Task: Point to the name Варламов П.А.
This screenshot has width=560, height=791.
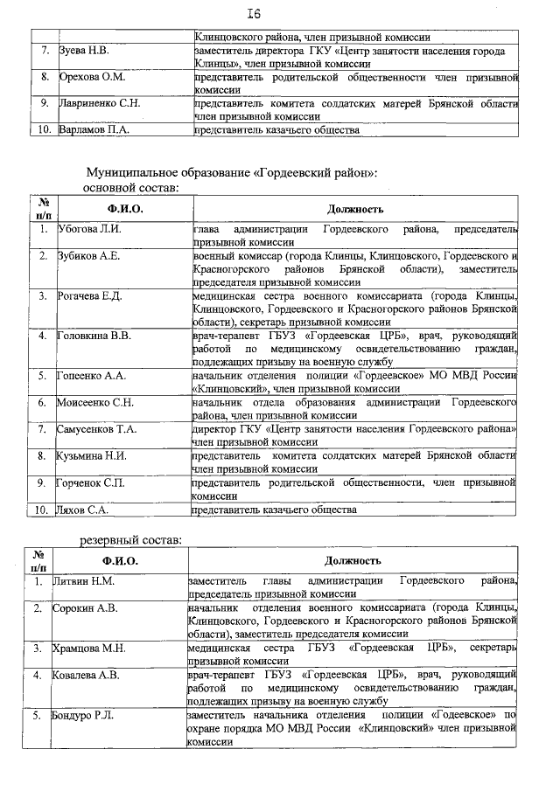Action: pyautogui.click(x=93, y=130)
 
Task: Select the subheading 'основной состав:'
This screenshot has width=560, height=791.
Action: pyautogui.click(x=131, y=186)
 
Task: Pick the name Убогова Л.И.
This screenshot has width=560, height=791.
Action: pyautogui.click(x=90, y=229)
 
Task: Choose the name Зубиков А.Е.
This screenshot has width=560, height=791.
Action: pyautogui.click(x=88, y=256)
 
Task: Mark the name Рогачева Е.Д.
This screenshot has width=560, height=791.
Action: pyautogui.click(x=91, y=295)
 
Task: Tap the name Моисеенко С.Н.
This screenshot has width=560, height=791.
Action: pyautogui.click(x=95, y=402)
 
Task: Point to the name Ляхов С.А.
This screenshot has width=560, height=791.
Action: pyautogui.click(x=83, y=509)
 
